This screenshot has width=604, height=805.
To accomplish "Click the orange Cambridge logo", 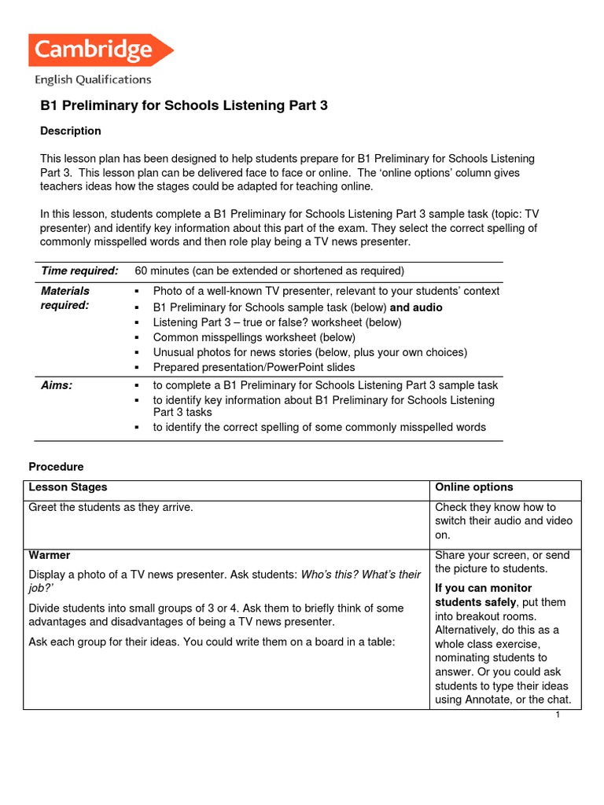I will (100, 51).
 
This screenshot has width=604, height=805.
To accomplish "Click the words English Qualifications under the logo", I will (93, 79).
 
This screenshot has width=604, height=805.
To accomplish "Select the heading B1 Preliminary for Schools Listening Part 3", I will (183, 105).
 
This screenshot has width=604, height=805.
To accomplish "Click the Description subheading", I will (71, 130).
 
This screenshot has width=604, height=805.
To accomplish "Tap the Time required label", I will (79, 271).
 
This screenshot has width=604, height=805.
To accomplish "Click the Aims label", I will (57, 385).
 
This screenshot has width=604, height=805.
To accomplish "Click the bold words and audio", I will (416, 307).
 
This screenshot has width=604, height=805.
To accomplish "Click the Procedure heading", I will (56, 467).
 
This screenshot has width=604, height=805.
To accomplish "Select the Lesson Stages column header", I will (68, 487).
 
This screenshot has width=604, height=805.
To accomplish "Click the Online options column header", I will (473, 487).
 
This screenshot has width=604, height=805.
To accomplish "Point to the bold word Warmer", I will (50, 555).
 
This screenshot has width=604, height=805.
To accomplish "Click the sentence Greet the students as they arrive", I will (111, 507).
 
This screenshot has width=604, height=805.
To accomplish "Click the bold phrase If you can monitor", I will (483, 588).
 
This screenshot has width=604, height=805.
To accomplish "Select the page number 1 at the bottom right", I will (557, 715).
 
